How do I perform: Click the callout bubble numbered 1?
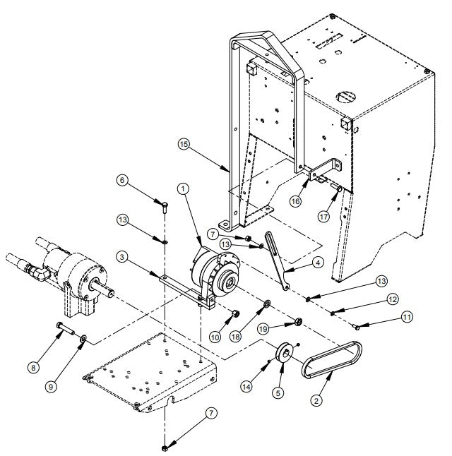click(x=183, y=188)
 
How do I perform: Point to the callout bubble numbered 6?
click(x=123, y=181)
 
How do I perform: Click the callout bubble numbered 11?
click(x=406, y=318)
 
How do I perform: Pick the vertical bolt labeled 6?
click(x=164, y=206)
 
